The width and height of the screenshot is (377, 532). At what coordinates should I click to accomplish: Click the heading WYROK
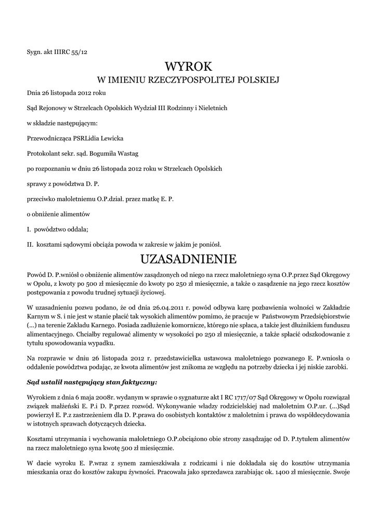[x=188, y=66]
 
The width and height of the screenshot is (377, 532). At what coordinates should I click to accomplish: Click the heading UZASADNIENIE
[x=188, y=258]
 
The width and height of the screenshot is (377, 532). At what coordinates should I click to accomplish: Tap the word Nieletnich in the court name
[x=211, y=108]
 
